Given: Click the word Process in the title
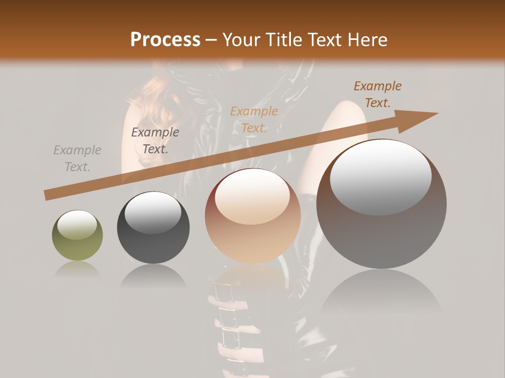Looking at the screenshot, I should (165, 40).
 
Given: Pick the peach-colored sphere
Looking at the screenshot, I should (252, 216).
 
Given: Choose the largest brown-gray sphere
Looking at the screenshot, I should (381, 204).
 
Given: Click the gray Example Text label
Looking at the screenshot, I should (77, 159).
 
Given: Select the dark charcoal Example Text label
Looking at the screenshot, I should (155, 140).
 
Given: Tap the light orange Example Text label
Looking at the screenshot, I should (254, 119).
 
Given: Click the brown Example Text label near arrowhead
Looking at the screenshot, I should (378, 94).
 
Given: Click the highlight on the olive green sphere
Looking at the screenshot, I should (77, 225).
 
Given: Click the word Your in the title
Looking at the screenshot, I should (241, 40).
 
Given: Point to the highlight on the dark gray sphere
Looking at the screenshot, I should (153, 213).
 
